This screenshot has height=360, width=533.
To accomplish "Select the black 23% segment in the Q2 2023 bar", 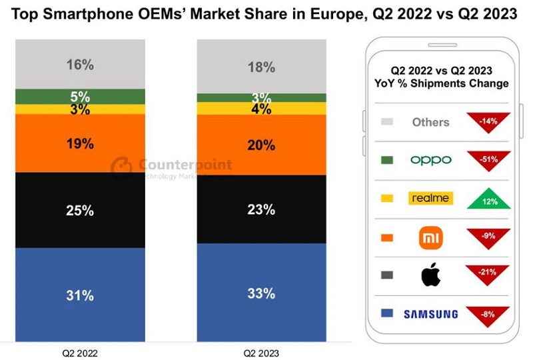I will pos(261,209).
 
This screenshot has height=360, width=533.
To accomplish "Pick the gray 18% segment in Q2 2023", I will pos(261,67).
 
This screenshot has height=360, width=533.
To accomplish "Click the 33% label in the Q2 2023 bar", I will pos(261,293).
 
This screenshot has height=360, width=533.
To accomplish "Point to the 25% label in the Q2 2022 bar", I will pos(80,211).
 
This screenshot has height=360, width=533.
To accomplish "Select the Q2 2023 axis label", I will pos(261,352).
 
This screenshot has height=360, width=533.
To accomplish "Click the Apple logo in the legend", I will pos(431,275).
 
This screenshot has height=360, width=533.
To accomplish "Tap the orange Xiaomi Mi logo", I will pos(431,237).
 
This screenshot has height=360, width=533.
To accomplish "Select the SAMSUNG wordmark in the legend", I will pos(430,314).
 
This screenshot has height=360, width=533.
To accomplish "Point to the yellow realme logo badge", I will pos(430,198).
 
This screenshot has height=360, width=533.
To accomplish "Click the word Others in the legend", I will pos(430,122).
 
